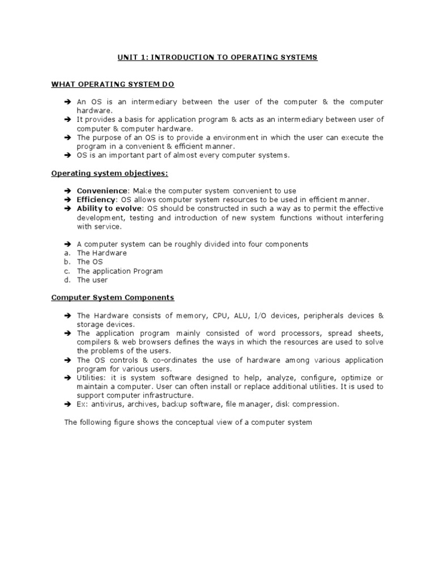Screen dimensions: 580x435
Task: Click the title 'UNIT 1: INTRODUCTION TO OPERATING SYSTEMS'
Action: point(217,57)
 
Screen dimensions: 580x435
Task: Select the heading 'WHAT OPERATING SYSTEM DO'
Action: point(113,84)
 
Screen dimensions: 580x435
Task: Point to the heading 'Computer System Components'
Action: point(113,297)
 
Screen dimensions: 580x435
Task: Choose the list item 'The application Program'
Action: point(120,271)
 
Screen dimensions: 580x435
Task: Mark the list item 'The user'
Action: point(92,280)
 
